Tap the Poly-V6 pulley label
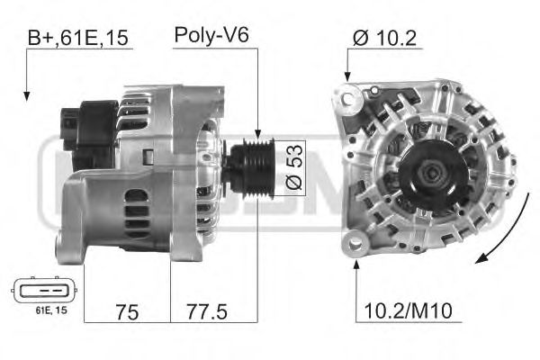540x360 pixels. tap(211, 36)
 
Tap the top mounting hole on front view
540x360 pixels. tap(350, 93)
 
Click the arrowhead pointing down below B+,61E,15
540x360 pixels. tap(28, 94)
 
